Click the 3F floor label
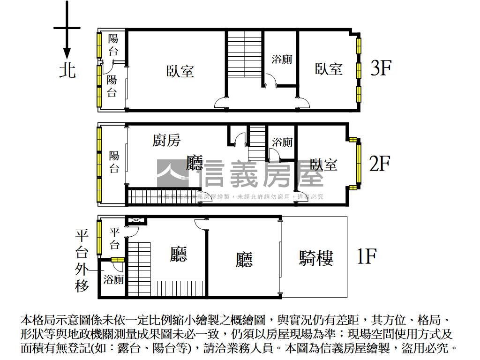coord(381,68)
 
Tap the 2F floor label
coord(379,164)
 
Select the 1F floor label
coord(367,256)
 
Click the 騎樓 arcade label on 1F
coord(316,258)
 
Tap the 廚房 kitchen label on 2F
coord(166,140)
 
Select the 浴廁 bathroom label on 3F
coord(282,59)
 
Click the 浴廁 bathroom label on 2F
coord(282,142)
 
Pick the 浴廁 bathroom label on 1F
coord(113,280)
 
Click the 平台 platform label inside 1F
coord(114,238)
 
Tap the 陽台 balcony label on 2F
coord(114,162)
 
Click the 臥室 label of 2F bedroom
coord(323,165)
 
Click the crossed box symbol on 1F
coord(133,220)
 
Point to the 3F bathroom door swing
coord(270,82)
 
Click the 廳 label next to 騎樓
coord(244,259)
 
